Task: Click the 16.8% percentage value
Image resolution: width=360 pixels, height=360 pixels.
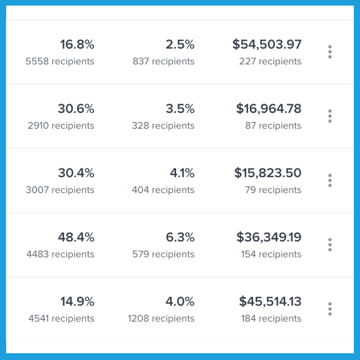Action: click(77, 45)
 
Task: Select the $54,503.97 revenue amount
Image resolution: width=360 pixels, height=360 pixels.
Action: click(267, 45)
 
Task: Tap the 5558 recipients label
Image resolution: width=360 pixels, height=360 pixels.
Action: click(60, 61)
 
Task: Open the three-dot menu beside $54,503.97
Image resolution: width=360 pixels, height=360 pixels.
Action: click(330, 52)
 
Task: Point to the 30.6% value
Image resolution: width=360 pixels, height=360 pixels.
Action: click(76, 109)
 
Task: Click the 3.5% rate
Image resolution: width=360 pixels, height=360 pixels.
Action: click(180, 109)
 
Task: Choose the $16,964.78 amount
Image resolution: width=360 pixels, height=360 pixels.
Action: click(269, 109)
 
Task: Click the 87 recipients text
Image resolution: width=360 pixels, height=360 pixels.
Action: click(273, 126)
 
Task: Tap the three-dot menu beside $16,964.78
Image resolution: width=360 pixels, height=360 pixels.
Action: click(330, 116)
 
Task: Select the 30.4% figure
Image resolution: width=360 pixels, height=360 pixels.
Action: click(76, 173)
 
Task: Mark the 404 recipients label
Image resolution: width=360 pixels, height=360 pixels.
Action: click(163, 190)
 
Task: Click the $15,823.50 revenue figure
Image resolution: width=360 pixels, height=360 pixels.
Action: click(268, 173)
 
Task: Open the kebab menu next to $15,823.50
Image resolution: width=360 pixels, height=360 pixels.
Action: click(330, 180)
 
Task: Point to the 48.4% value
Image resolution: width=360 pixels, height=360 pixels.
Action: click(76, 237)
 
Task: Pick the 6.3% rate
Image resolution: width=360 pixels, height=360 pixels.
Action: click(180, 237)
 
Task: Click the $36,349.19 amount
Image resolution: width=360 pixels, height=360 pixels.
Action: click(269, 237)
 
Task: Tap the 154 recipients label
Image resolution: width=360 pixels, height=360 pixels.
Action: click(271, 254)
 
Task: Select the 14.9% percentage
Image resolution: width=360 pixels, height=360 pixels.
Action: click(77, 301)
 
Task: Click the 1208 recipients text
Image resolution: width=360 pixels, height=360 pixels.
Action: click(161, 319)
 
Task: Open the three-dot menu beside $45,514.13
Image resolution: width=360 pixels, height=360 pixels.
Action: click(330, 309)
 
